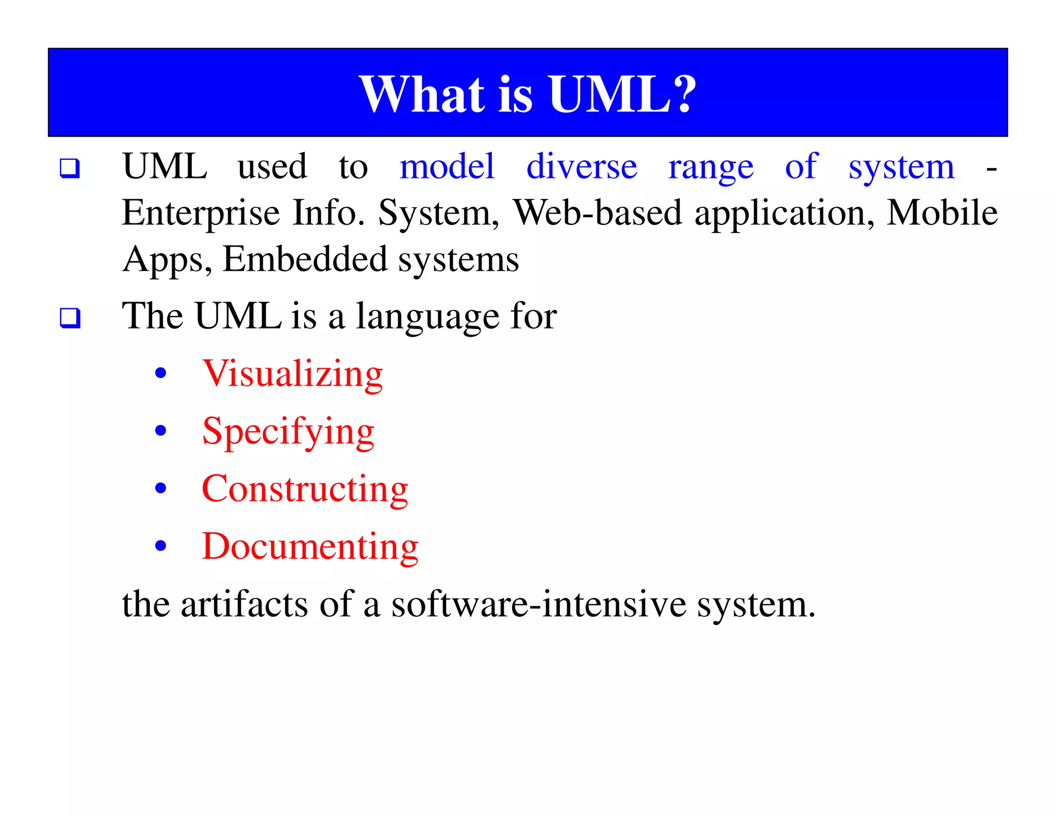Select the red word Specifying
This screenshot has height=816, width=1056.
288,432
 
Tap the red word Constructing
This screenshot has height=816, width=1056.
305,489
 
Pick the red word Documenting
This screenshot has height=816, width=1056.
310,546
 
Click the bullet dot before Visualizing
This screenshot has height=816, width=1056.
161,373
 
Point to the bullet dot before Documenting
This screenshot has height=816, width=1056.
161,546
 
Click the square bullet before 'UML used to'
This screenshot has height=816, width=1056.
70,169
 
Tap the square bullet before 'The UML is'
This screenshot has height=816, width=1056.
70,318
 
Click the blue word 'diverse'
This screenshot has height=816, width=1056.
582,167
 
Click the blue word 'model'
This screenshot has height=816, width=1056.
447,167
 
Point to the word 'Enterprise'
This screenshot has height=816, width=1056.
201,214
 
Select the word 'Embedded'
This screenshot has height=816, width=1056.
305,259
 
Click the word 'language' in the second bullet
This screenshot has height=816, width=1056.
427,317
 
